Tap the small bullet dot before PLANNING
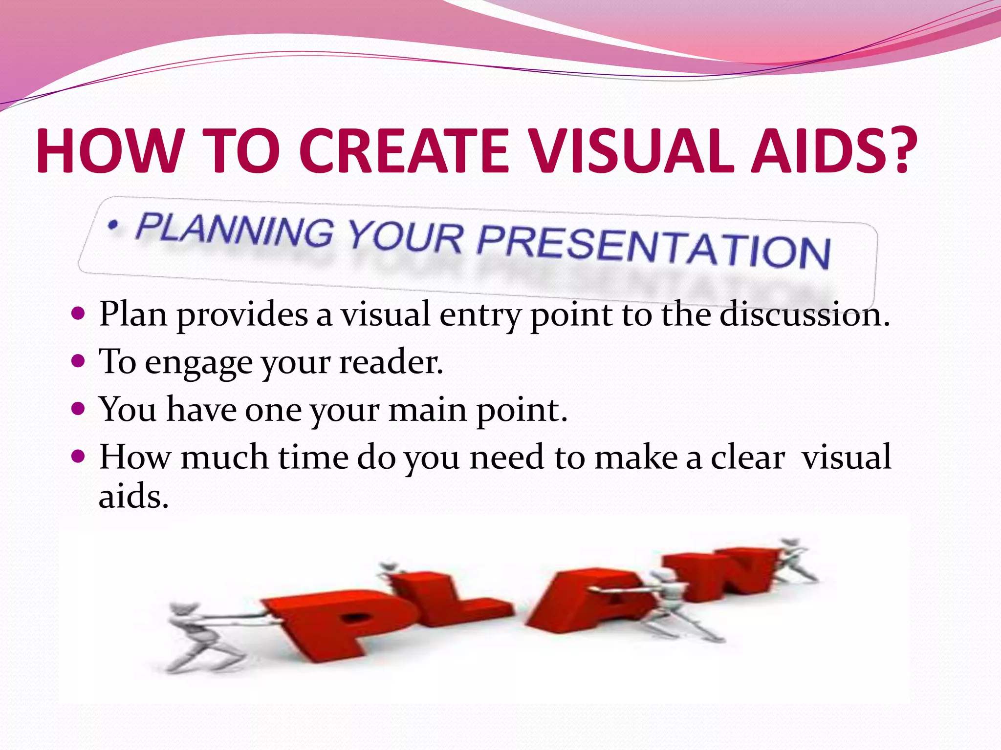point(113,225)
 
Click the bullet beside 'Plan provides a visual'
point(78,313)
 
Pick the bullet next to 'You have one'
point(78,408)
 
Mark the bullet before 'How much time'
point(78,457)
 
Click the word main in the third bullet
point(427,410)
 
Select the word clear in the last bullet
point(748,458)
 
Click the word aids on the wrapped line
point(133,497)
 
